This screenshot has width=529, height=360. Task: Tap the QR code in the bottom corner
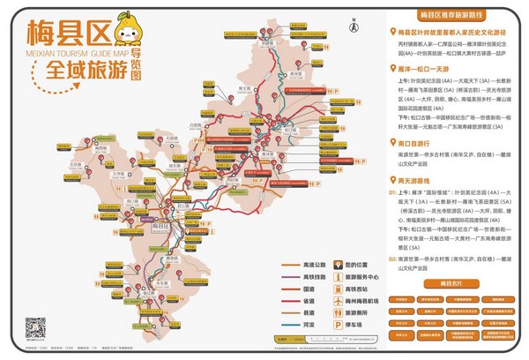[34, 326]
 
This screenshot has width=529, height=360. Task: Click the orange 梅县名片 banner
[445, 283]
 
